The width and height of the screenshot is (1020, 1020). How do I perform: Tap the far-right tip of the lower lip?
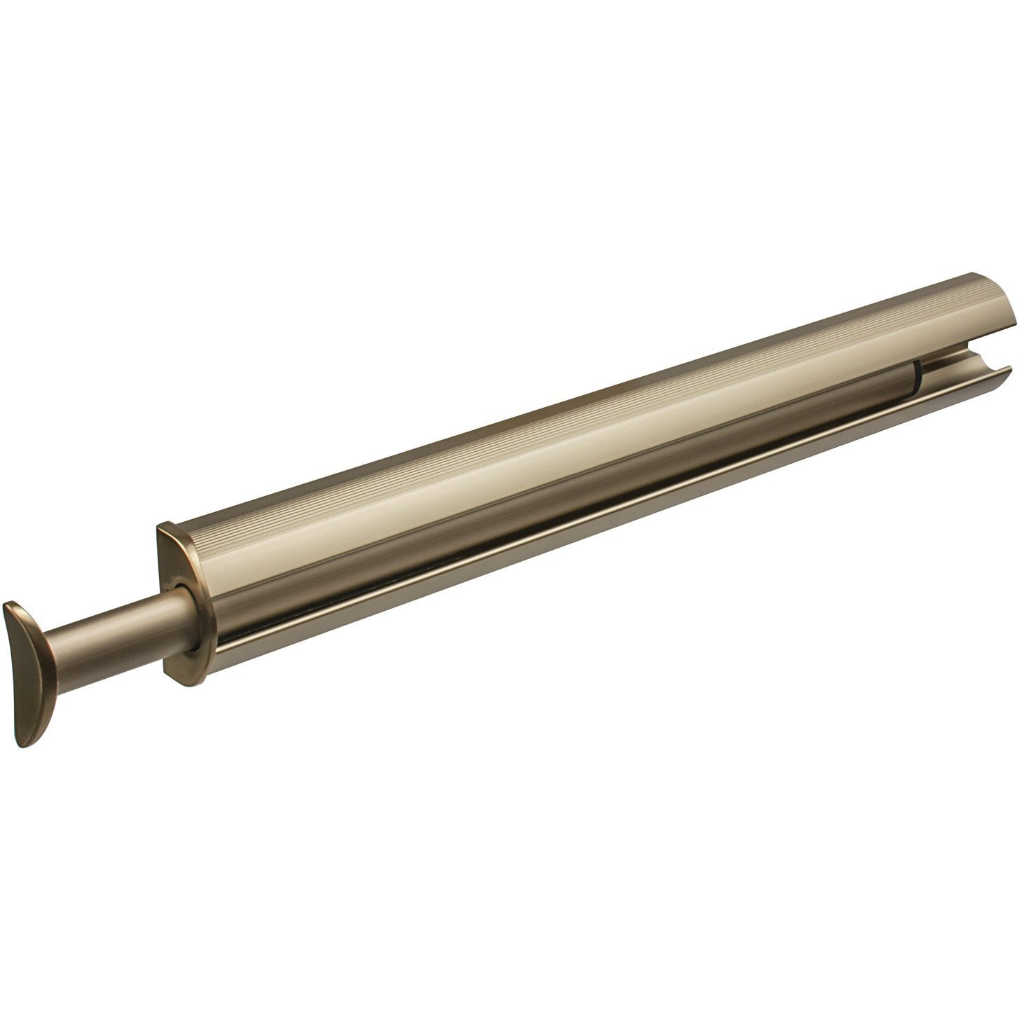(1009, 368)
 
